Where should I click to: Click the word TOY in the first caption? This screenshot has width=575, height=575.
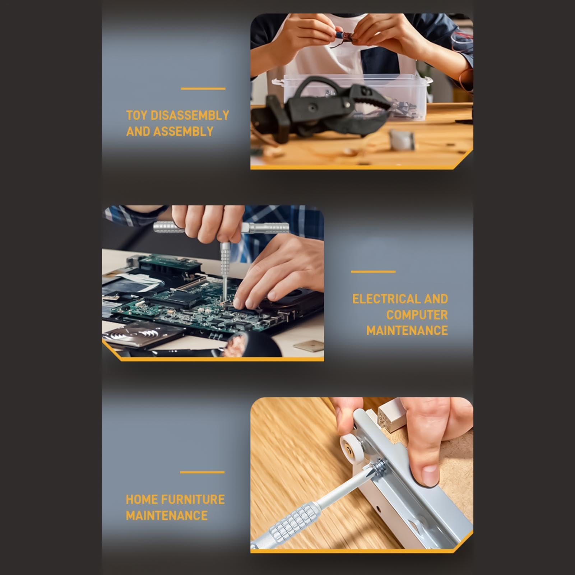136,116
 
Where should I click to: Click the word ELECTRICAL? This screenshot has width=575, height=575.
386,299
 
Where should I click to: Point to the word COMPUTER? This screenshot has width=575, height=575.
417,315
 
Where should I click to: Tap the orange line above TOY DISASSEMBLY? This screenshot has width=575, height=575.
203,88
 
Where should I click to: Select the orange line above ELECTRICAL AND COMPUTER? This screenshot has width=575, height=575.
373,272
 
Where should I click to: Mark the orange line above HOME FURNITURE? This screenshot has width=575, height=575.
202,472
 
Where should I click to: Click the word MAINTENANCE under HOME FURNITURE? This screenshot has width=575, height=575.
167,516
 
